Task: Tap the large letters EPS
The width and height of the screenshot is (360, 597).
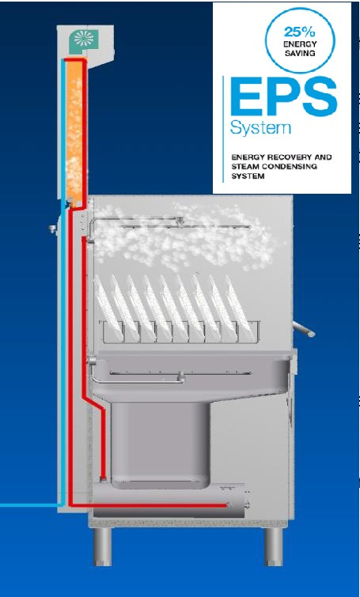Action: pos(284,96)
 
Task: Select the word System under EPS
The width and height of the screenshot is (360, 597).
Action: pos(261,128)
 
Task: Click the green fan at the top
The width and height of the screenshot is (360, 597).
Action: pos(83,40)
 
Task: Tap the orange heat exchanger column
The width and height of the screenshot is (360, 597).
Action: pos(74,131)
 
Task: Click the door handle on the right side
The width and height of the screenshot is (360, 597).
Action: pos(304,329)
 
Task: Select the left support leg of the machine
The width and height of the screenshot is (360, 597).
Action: pos(103,546)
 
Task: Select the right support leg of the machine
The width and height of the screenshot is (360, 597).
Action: pos(274,546)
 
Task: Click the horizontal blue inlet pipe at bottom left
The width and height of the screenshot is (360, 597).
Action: pos(31,505)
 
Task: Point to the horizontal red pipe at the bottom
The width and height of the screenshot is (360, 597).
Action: pos(150,505)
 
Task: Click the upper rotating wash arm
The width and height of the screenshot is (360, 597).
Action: pos(179,225)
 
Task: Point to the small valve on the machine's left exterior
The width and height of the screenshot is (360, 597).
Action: pos(52,229)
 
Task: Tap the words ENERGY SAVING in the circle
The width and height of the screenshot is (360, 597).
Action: pos(299,49)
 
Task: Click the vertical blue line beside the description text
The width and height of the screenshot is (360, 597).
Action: pos(223,129)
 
